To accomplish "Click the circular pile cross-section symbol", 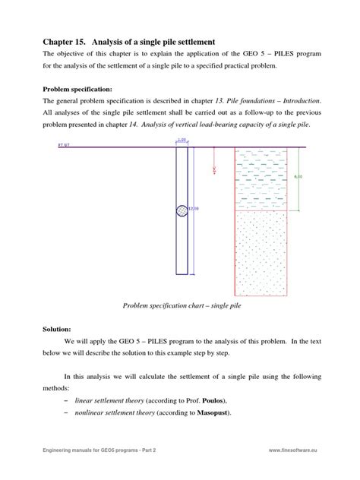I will [x=182, y=211].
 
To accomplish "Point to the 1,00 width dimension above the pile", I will [x=182, y=140].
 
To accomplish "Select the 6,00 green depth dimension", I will [x=298, y=177].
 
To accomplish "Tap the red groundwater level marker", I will [x=214, y=169].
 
